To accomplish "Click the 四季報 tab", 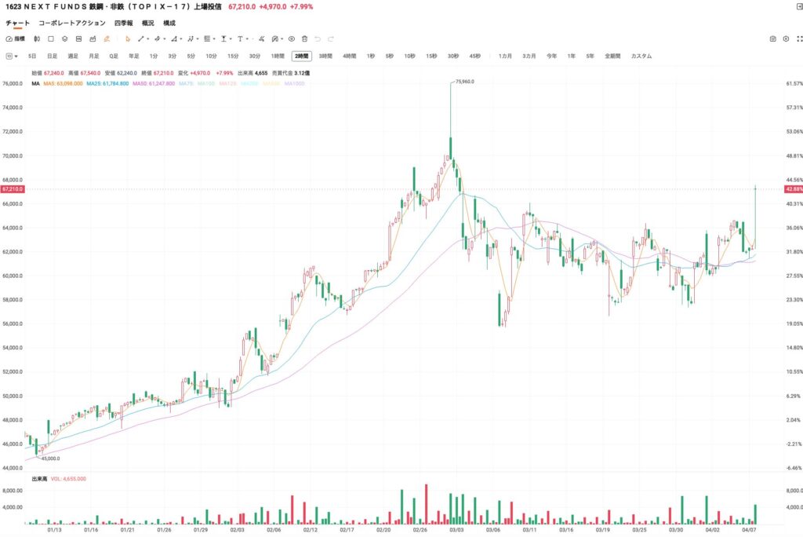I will (123, 24).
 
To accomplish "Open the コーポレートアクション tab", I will (71, 24).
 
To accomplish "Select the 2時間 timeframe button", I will (301, 57).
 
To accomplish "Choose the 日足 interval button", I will (52, 57).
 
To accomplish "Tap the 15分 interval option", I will (233, 57).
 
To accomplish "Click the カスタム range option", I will (641, 57).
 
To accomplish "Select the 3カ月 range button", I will (529, 57).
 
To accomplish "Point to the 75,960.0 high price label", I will (464, 81).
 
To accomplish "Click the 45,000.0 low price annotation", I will (49, 458).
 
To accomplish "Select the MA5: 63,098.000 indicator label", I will (63, 83).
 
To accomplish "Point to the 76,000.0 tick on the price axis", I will (13, 84).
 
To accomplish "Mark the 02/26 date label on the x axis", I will (420, 530).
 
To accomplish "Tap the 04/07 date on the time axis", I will (748, 530).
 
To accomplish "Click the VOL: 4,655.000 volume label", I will (68, 478).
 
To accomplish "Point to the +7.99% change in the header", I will (302, 6).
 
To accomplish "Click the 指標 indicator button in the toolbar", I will (16, 38).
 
